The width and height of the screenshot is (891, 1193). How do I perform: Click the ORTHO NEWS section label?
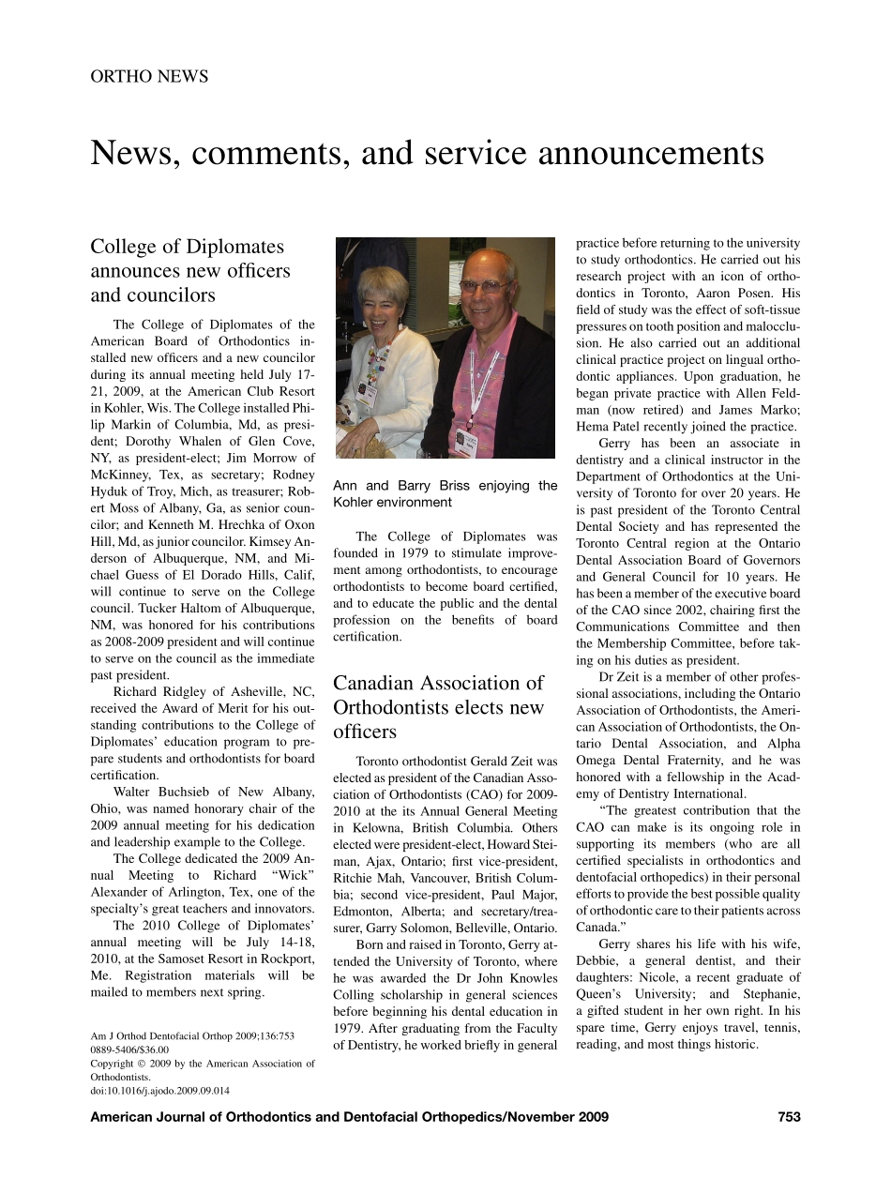(x=149, y=76)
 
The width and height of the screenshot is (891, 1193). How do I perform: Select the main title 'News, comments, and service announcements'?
(x=427, y=153)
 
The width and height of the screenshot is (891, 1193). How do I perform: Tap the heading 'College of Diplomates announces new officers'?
(x=190, y=270)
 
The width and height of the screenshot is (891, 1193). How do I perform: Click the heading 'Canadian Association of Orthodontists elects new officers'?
(x=438, y=706)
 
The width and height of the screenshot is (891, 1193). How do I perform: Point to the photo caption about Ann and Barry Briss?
(x=445, y=493)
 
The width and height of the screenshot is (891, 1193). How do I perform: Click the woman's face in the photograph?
(x=387, y=304)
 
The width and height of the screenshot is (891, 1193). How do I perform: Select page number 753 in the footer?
(x=789, y=1116)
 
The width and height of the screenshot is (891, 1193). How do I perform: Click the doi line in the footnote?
(x=160, y=1091)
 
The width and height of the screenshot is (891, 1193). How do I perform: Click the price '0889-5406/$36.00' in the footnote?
(x=129, y=1050)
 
